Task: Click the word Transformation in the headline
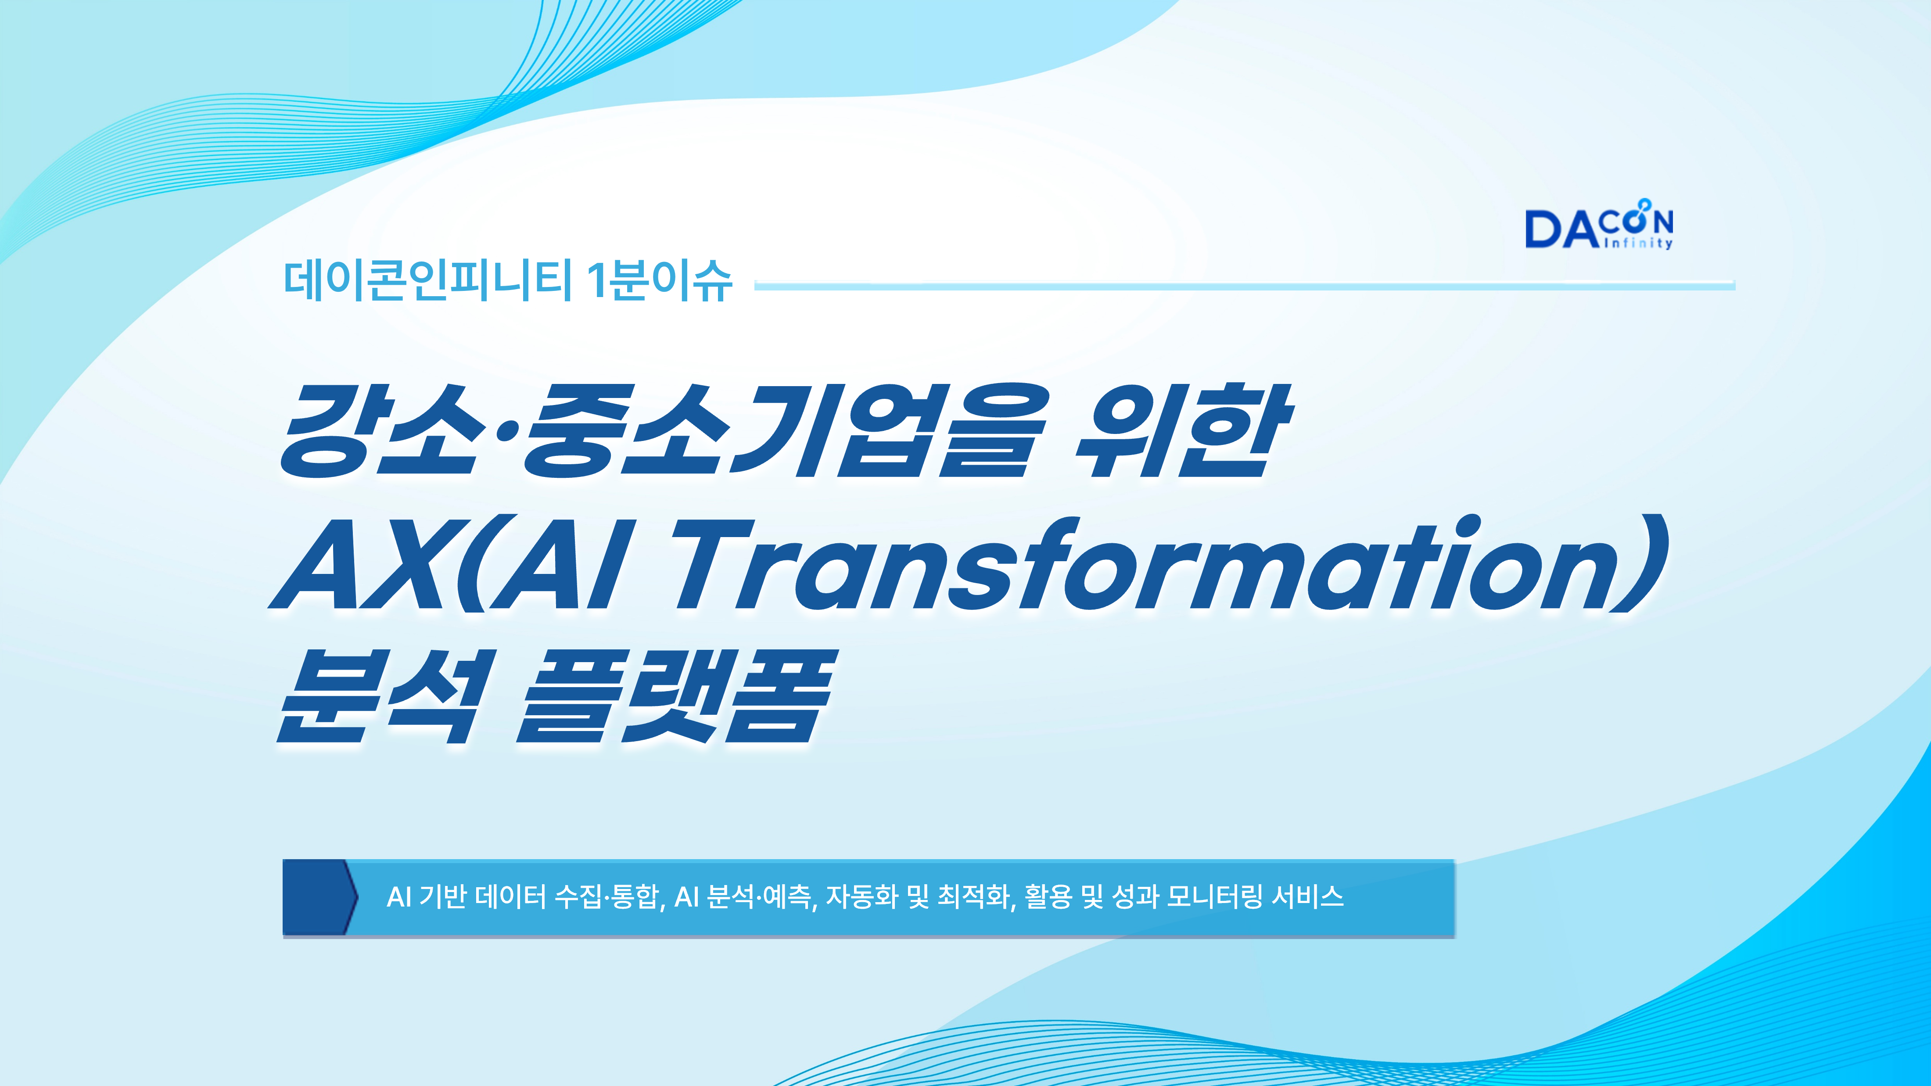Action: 1170,563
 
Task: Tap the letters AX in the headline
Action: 367,563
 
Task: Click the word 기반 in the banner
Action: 443,896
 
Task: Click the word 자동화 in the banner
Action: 862,896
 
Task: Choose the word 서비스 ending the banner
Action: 1308,896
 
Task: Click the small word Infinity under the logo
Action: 1637,243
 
